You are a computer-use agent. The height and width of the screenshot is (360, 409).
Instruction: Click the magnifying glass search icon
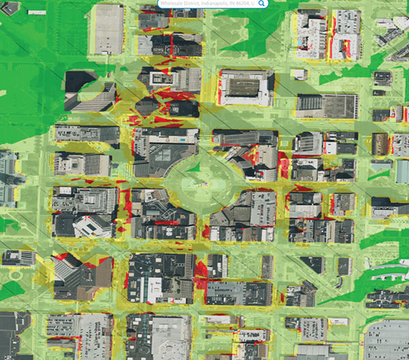click(262, 3)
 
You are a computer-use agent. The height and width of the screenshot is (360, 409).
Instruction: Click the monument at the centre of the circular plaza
click(198, 180)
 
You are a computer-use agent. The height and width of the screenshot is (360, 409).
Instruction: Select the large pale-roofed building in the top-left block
click(108, 29)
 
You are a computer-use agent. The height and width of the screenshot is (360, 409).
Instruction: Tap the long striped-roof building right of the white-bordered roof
click(327, 106)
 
